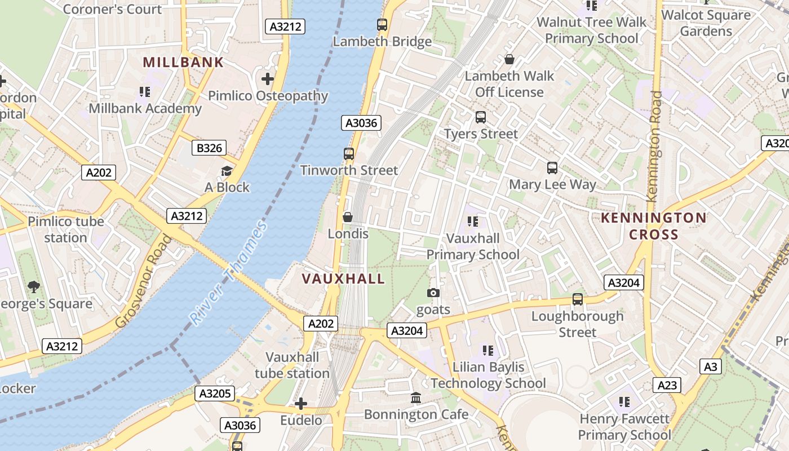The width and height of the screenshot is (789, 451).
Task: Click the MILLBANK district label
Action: pos(183,62)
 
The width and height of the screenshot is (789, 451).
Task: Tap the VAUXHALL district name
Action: pos(343,278)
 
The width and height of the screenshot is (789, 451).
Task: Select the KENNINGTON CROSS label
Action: pos(653,226)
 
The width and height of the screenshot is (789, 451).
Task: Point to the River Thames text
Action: pos(228,273)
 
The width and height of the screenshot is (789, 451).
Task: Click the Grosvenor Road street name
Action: pos(144,281)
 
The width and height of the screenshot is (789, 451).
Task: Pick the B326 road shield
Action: pos(209,148)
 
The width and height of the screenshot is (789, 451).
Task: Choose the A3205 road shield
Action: pos(215,393)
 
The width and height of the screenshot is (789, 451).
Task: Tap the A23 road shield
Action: pos(667,385)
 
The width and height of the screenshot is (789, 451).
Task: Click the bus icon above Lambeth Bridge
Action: pos(382,25)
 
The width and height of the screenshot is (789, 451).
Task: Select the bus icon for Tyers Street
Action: pos(481,117)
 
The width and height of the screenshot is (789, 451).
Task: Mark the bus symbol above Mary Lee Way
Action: pos(552,168)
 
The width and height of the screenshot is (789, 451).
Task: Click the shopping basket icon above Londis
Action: pos(348,218)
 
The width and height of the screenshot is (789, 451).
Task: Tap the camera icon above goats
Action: pos(433,293)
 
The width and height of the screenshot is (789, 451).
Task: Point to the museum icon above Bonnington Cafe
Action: pos(416,398)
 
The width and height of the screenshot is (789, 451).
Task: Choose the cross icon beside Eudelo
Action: pos(301,404)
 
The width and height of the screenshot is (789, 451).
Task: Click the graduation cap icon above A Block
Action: pos(227,171)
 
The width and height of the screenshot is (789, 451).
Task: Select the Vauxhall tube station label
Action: pos(292,365)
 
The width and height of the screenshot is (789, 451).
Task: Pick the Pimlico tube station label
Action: pos(66,229)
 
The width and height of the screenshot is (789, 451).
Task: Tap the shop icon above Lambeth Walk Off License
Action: pos(509,59)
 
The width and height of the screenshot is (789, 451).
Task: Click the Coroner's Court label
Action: pos(113,9)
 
